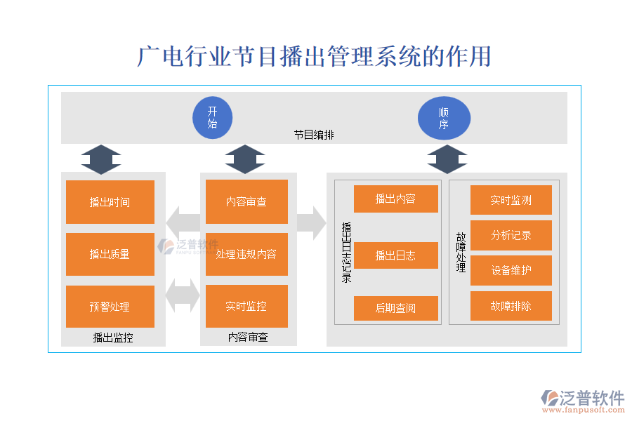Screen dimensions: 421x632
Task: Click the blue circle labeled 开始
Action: point(212,116)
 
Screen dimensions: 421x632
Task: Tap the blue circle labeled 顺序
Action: point(444,117)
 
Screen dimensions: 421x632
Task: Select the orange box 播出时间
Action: point(110,202)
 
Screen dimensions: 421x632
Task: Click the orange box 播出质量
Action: point(110,254)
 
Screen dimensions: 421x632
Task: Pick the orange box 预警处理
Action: point(110,307)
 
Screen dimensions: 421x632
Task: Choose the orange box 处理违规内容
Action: point(246,254)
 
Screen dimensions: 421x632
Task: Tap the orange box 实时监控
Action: point(246,306)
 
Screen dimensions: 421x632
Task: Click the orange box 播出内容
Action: point(395,199)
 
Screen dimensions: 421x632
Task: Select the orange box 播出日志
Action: point(395,255)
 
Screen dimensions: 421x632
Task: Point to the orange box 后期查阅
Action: point(395,308)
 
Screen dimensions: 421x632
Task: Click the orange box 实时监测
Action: point(511,200)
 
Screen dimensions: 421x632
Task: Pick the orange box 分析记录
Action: point(511,235)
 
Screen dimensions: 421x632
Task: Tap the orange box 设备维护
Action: point(511,270)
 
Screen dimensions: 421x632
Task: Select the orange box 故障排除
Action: point(511,306)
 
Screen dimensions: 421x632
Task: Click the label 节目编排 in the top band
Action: point(314,135)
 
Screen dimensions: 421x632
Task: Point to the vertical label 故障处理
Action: point(461,253)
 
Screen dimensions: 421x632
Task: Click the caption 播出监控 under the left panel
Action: point(113,338)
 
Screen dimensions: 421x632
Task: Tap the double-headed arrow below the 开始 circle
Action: point(245,159)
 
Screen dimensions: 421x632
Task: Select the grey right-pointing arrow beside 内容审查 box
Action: point(311,223)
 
